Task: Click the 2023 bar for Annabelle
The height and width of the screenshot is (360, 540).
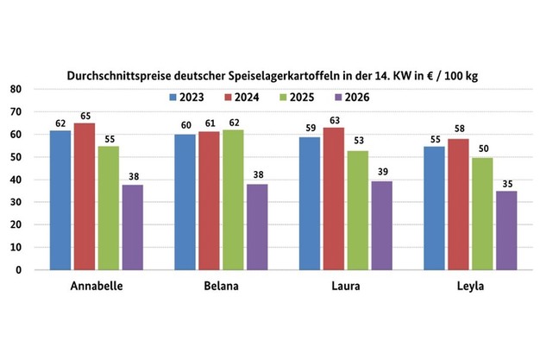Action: (60, 199)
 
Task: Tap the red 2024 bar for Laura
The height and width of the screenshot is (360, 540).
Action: (334, 198)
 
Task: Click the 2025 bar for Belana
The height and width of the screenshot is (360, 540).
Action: (233, 199)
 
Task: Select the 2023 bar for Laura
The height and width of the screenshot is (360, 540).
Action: (310, 203)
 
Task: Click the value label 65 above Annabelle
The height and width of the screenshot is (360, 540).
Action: (85, 114)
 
